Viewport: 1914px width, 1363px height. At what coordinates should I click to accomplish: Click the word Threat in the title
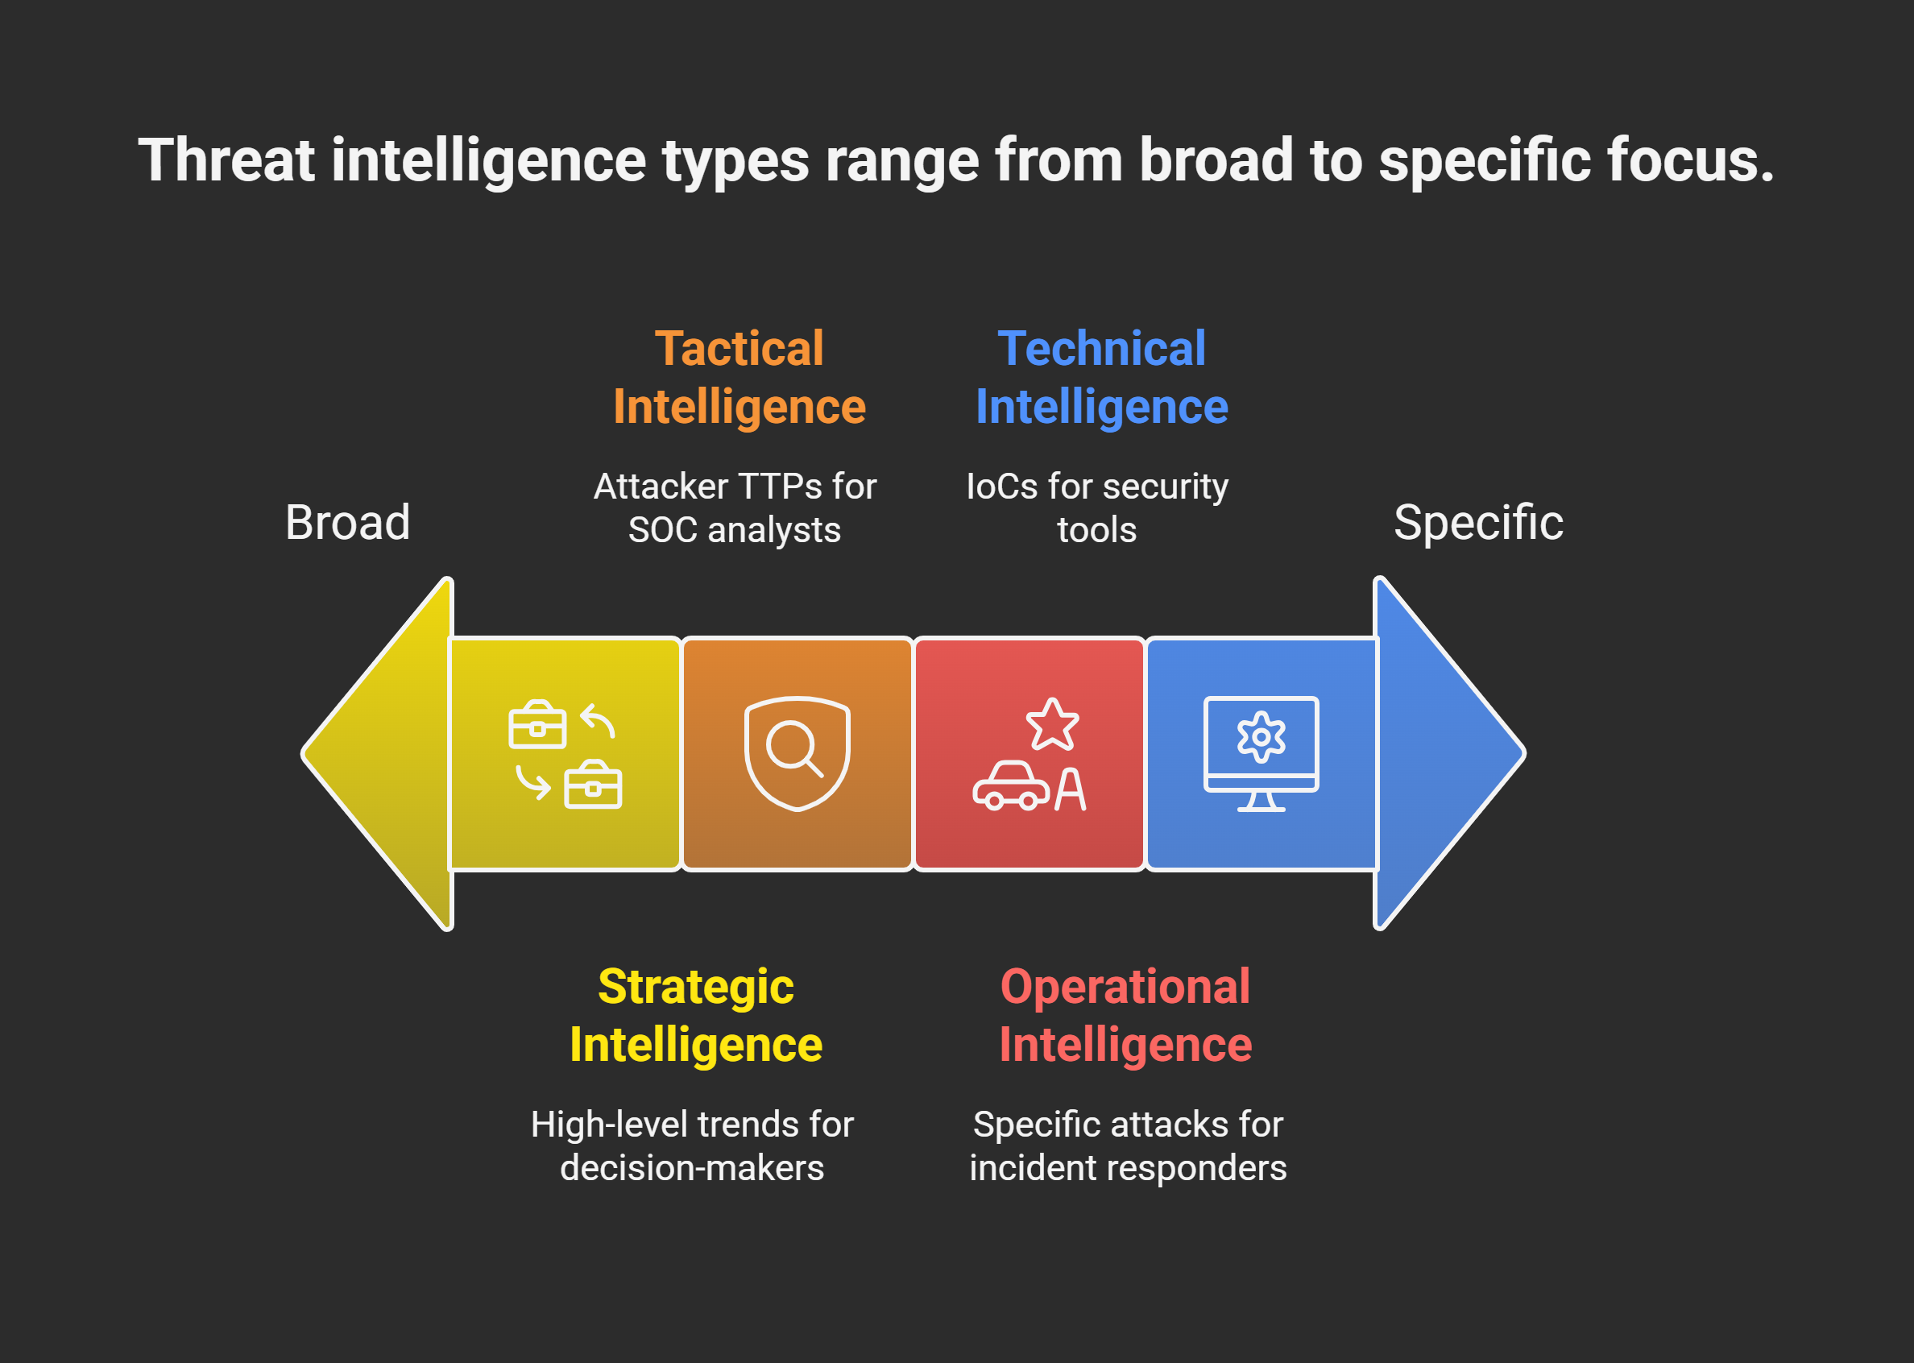coord(226,159)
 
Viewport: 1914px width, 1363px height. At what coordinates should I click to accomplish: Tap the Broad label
coord(347,522)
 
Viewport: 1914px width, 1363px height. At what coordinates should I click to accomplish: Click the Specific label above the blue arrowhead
coord(1478,522)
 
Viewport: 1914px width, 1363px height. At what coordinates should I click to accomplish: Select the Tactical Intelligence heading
coord(739,378)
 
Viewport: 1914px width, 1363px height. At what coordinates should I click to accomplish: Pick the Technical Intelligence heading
coord(1102,378)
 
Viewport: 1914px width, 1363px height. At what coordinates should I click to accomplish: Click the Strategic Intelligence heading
coord(696,1016)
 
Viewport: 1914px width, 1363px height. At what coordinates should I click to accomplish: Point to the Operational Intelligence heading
coord(1125,1016)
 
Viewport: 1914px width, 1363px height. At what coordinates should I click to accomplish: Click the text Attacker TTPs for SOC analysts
coord(735,507)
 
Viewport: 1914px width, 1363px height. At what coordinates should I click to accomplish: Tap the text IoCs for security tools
coord(1097,507)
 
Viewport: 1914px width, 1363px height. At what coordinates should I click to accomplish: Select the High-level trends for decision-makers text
coord(692,1145)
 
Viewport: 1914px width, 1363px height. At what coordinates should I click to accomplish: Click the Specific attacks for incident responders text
coord(1128,1145)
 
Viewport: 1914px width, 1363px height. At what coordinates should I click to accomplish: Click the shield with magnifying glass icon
coord(797,754)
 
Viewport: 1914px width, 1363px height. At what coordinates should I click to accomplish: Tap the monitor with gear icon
coord(1261,754)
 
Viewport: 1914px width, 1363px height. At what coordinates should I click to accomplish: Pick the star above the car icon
coord(1052,724)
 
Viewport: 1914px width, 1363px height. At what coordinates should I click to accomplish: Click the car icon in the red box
coord(1011,785)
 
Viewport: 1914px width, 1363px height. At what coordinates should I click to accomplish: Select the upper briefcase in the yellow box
coord(537,724)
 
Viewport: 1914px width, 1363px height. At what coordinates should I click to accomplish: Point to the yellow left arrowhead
coord(378,754)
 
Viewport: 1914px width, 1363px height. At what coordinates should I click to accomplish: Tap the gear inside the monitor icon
coord(1261,737)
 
